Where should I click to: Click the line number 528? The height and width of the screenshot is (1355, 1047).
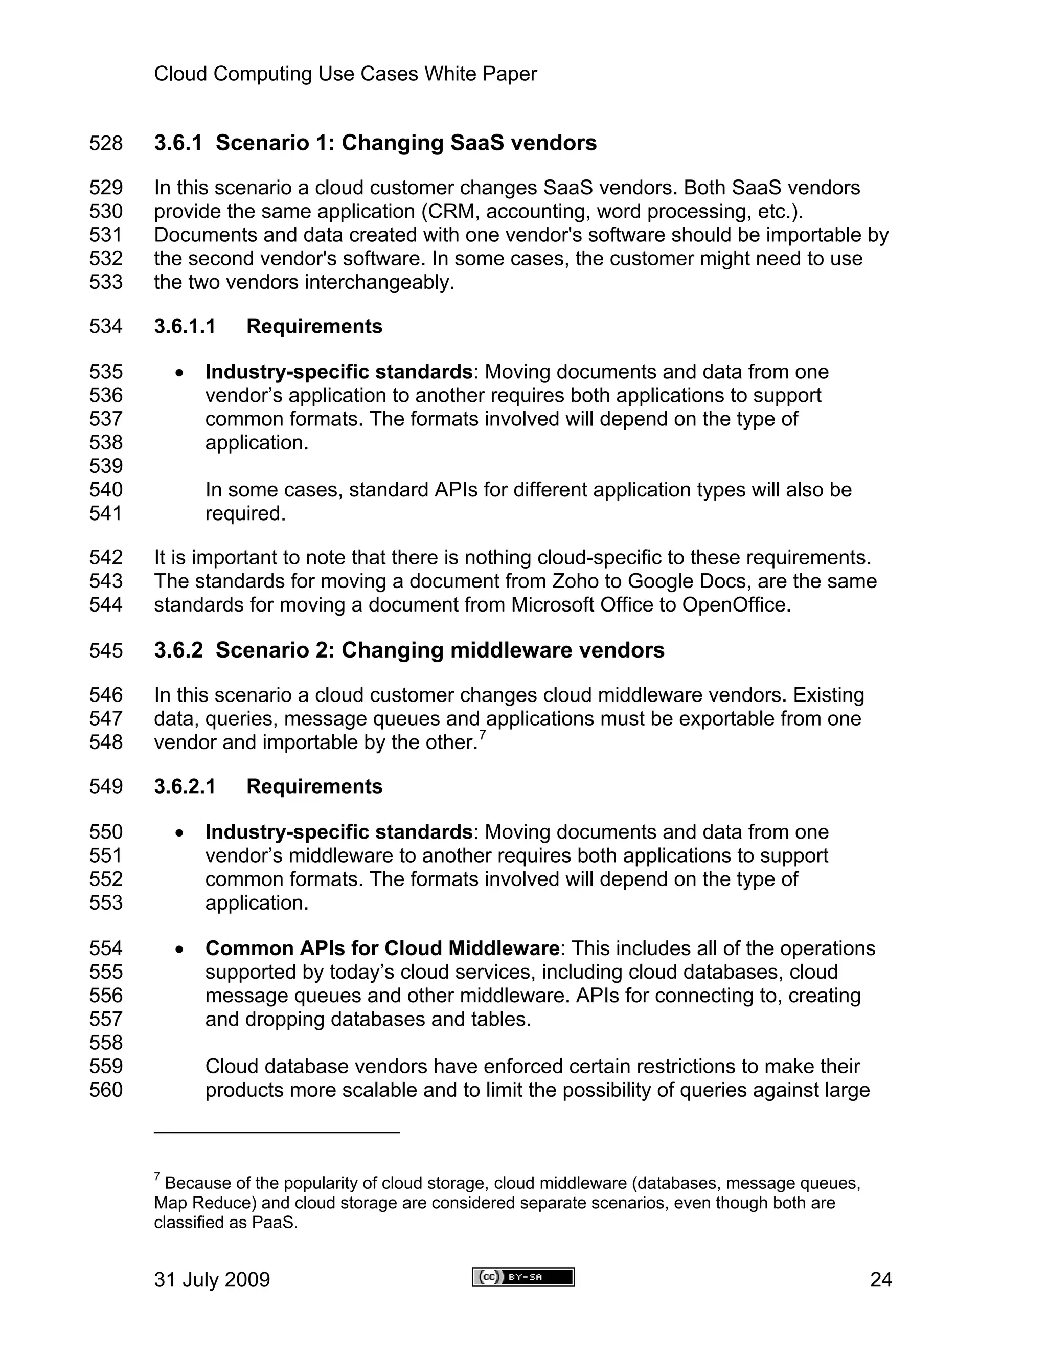point(105,143)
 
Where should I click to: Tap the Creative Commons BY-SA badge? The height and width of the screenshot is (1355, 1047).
point(523,1277)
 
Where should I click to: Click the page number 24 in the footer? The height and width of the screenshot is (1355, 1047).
point(881,1280)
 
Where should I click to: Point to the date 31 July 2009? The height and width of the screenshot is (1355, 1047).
point(212,1280)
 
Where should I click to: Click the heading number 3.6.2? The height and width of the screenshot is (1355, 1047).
point(178,650)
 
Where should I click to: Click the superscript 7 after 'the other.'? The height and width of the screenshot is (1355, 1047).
point(483,736)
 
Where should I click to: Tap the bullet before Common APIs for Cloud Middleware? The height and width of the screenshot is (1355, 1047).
point(179,949)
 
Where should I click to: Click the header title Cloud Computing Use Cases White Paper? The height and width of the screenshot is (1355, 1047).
point(345,74)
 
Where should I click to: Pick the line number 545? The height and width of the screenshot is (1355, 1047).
point(105,651)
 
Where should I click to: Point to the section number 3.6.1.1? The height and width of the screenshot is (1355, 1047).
point(184,326)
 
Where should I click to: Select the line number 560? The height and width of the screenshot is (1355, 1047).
point(105,1090)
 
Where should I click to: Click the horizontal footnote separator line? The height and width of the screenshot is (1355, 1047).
point(277,1132)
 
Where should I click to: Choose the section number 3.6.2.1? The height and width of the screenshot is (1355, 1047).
point(184,787)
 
